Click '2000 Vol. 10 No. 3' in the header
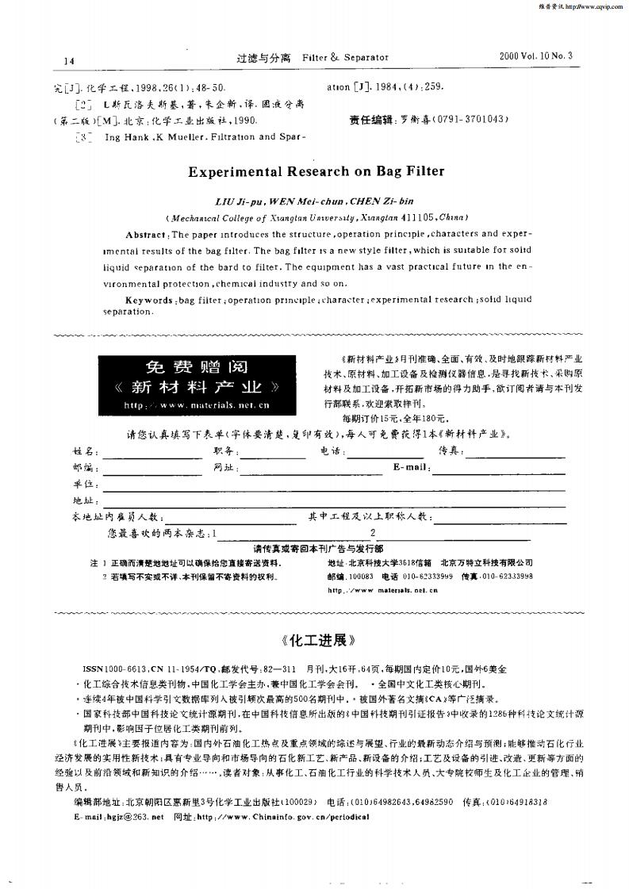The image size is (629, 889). pyautogui.click(x=536, y=56)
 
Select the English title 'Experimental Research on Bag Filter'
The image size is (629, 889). pyautogui.click(x=316, y=171)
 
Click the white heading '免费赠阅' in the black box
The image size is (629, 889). pyautogui.click(x=197, y=367)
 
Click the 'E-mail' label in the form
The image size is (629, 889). pyautogui.click(x=411, y=467)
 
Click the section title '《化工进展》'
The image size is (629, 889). pyautogui.click(x=315, y=638)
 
